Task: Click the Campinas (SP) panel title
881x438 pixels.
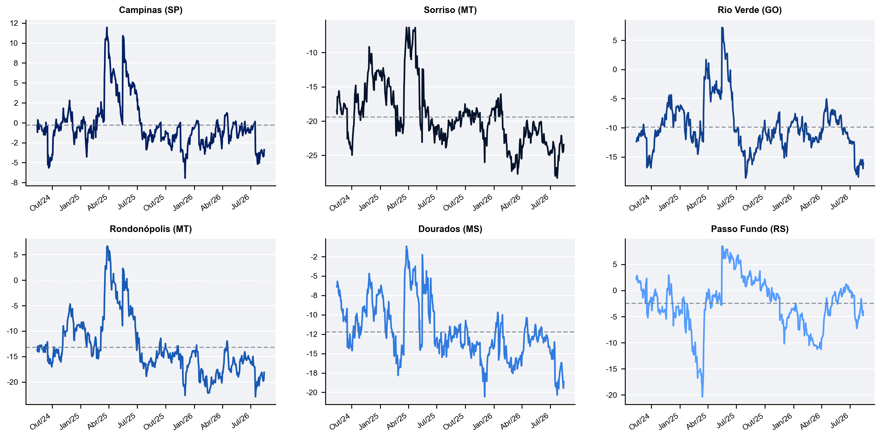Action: (151, 10)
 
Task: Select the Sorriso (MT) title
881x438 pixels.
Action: (450, 10)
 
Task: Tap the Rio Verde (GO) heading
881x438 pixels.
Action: (750, 10)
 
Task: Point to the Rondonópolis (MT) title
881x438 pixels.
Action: (151, 229)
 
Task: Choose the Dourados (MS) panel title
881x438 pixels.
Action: (450, 229)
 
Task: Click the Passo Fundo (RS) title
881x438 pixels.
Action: (750, 229)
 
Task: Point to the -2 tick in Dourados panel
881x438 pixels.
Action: (314, 257)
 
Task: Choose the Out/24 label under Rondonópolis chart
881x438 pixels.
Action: (40, 421)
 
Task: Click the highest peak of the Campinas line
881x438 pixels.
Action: (107, 28)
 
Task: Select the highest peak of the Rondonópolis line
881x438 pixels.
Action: (107, 246)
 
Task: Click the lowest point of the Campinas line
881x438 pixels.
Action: (185, 178)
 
